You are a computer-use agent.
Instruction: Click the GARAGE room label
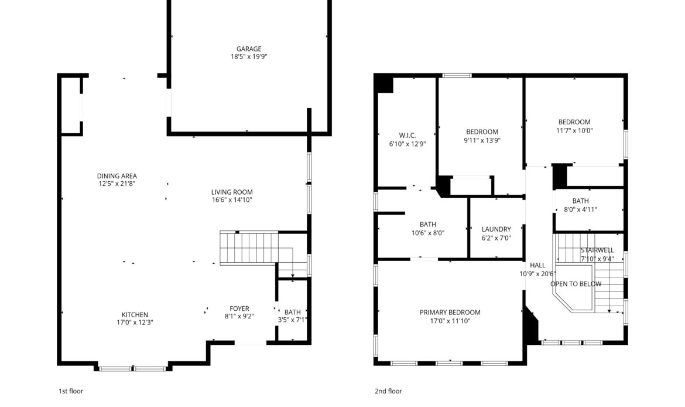(249, 49)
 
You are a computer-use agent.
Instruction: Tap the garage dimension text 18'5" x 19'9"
(249, 57)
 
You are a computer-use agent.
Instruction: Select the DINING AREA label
(117, 176)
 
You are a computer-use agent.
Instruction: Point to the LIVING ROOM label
(232, 192)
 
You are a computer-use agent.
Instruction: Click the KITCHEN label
(135, 315)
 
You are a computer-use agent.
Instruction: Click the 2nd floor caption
(388, 391)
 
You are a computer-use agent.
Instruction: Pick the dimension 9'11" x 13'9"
(482, 140)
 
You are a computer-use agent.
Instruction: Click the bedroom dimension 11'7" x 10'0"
(574, 131)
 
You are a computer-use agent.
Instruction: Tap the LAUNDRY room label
(496, 229)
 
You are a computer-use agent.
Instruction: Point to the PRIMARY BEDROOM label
(450, 313)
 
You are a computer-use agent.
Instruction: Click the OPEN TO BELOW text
(576, 284)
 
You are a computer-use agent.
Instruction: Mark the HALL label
(537, 265)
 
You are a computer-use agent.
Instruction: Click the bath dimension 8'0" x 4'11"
(580, 209)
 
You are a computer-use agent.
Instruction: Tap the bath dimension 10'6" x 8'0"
(427, 233)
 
